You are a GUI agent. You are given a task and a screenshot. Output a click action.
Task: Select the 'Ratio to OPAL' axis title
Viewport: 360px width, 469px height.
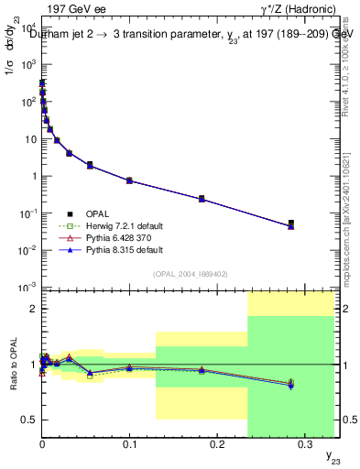click(x=12, y=365)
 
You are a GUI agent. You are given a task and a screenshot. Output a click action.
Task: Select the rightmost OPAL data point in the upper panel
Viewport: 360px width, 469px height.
click(x=290, y=223)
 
